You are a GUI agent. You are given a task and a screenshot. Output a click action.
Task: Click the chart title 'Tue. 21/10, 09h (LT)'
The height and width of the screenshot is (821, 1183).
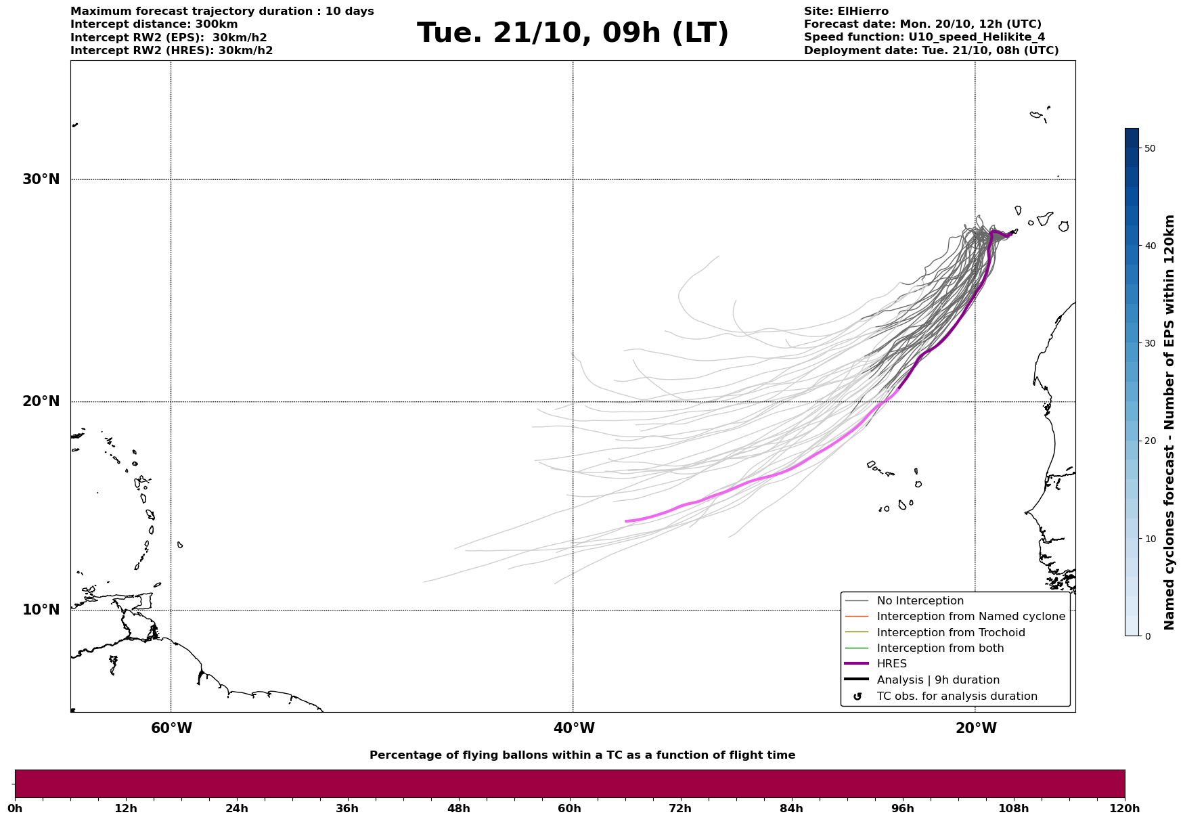tap(573, 33)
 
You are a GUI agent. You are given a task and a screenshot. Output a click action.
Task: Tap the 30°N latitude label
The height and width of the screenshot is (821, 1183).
tap(41, 179)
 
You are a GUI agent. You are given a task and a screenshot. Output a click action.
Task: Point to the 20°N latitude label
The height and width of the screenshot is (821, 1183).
tap(41, 401)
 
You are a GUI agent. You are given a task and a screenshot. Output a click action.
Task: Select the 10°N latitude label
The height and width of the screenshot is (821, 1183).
tap(41, 610)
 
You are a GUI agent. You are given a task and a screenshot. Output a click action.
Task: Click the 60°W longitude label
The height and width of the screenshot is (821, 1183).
tap(171, 728)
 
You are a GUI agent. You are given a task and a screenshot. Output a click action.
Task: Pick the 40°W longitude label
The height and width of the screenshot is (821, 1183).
tap(574, 728)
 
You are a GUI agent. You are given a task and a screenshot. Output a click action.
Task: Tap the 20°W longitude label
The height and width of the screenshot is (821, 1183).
tap(976, 728)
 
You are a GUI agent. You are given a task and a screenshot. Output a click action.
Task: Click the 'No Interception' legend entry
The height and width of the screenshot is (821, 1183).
tap(920, 601)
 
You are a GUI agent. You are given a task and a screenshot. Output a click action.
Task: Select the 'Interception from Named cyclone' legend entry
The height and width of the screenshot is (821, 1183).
tap(970, 617)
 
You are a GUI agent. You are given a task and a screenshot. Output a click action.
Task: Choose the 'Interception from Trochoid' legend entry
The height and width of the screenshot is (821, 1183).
tap(950, 633)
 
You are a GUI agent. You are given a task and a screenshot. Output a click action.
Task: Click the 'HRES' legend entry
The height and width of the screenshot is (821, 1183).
tap(891, 664)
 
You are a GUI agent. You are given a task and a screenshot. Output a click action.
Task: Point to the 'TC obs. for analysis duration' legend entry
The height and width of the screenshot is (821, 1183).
tap(956, 696)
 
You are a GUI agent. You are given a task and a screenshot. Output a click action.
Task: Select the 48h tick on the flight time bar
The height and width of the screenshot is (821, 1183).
tap(458, 808)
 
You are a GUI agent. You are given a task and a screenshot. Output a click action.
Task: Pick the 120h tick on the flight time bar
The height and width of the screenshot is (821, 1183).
tap(1125, 808)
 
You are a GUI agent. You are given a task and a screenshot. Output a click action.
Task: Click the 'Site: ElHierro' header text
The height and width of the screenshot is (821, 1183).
tap(846, 12)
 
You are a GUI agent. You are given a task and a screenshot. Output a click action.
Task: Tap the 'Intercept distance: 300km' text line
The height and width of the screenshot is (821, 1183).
tap(154, 24)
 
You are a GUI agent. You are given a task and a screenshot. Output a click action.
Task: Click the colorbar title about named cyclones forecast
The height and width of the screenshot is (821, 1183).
tap(1169, 422)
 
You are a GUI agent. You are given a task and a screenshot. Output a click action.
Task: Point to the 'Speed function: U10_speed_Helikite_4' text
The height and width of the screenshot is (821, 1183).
tap(924, 37)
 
